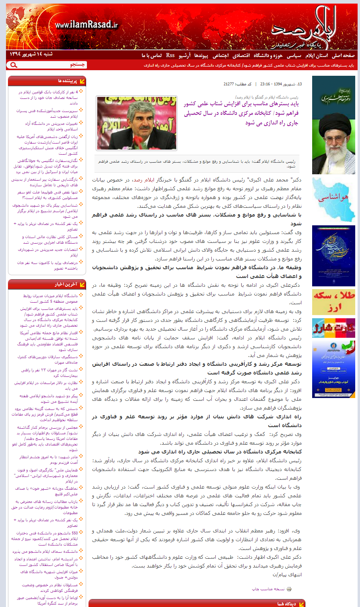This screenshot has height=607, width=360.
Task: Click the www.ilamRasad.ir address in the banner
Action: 87,25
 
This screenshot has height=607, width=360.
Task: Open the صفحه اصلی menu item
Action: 343,55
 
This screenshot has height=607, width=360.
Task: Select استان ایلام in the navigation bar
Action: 317,55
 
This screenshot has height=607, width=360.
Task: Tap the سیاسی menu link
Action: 294,55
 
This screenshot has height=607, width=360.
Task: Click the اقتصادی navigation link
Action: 241,55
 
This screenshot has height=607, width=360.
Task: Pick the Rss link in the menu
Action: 170,55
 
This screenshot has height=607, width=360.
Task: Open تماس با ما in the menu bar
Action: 151,55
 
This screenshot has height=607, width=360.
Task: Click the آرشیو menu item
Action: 185,55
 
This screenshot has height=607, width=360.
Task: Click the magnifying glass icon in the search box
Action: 14,65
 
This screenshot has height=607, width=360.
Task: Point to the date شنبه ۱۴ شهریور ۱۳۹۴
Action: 31,54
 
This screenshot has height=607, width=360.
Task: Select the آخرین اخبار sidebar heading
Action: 66,284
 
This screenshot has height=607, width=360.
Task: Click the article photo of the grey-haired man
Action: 136,123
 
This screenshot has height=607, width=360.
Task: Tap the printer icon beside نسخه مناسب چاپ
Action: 289,589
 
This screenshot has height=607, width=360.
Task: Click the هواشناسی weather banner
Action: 333,200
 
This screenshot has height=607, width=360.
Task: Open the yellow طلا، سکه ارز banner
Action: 333,302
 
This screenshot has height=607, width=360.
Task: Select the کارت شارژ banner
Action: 333,328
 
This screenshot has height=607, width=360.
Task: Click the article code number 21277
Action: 229,84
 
